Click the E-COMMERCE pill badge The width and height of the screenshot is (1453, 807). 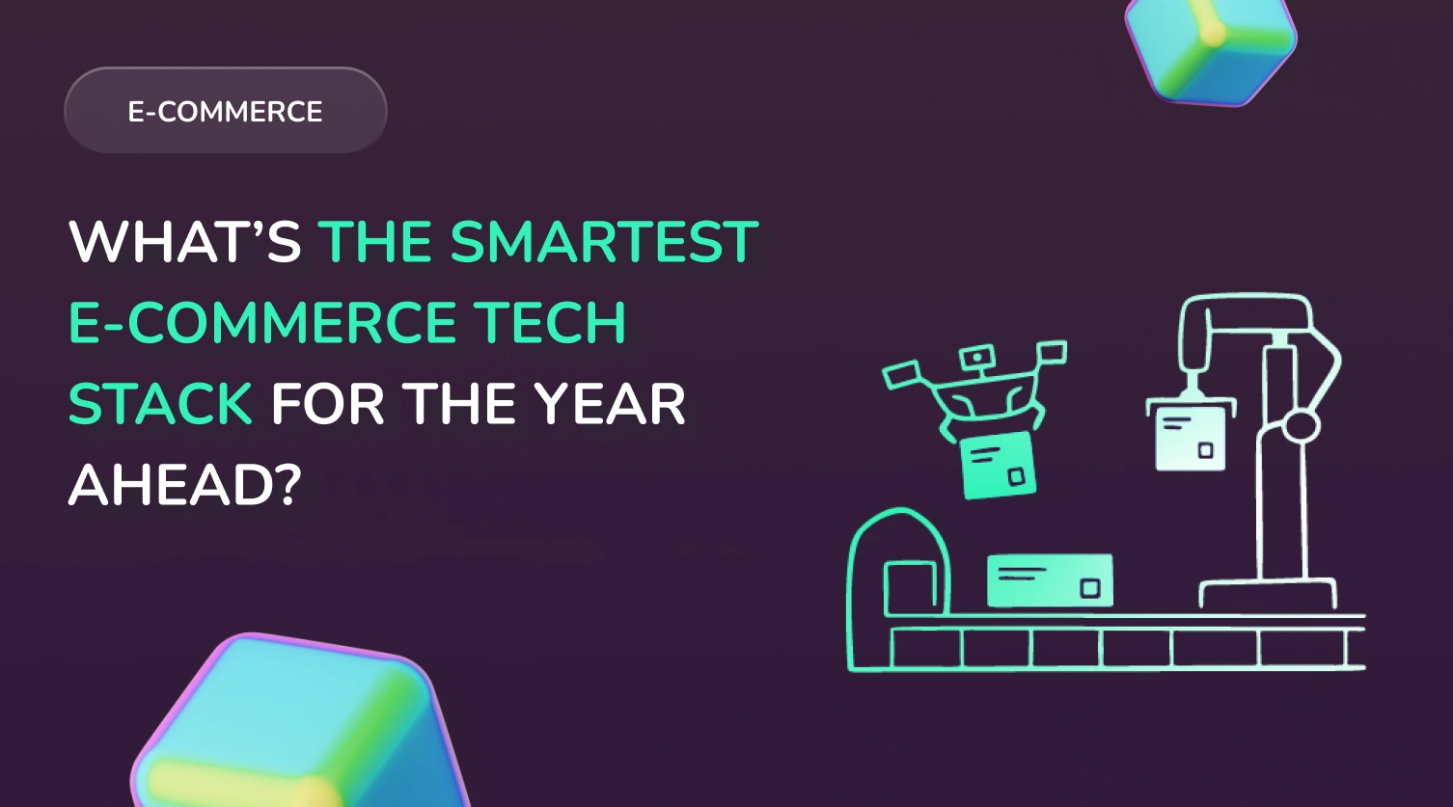[226, 111]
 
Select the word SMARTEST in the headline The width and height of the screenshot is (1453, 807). [604, 242]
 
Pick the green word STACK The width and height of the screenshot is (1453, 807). [160, 403]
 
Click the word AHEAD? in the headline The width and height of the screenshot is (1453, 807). [185, 484]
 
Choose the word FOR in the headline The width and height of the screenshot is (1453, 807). [328, 403]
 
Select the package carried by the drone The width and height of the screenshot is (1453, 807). [997, 466]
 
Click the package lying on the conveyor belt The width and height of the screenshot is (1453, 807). [1050, 580]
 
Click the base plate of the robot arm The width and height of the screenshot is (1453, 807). [1268, 592]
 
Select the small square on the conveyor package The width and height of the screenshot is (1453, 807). [1090, 588]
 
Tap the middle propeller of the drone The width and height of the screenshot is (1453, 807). [977, 357]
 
